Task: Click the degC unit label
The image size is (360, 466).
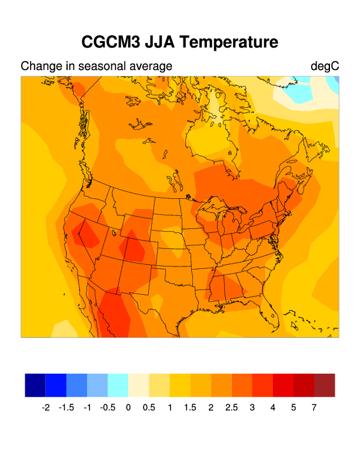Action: click(325, 66)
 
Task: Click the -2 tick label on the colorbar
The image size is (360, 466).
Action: click(46, 407)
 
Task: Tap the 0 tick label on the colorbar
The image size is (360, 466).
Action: click(128, 407)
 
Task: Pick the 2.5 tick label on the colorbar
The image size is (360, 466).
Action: click(231, 407)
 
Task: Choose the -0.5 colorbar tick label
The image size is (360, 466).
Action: click(107, 407)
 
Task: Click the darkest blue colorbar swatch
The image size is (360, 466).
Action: click(35, 385)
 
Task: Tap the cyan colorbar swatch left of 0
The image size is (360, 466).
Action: click(118, 385)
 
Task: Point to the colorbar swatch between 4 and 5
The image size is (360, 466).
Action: click(283, 385)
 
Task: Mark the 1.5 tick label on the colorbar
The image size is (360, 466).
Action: click(190, 407)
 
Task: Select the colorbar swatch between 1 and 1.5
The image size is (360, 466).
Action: click(180, 385)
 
